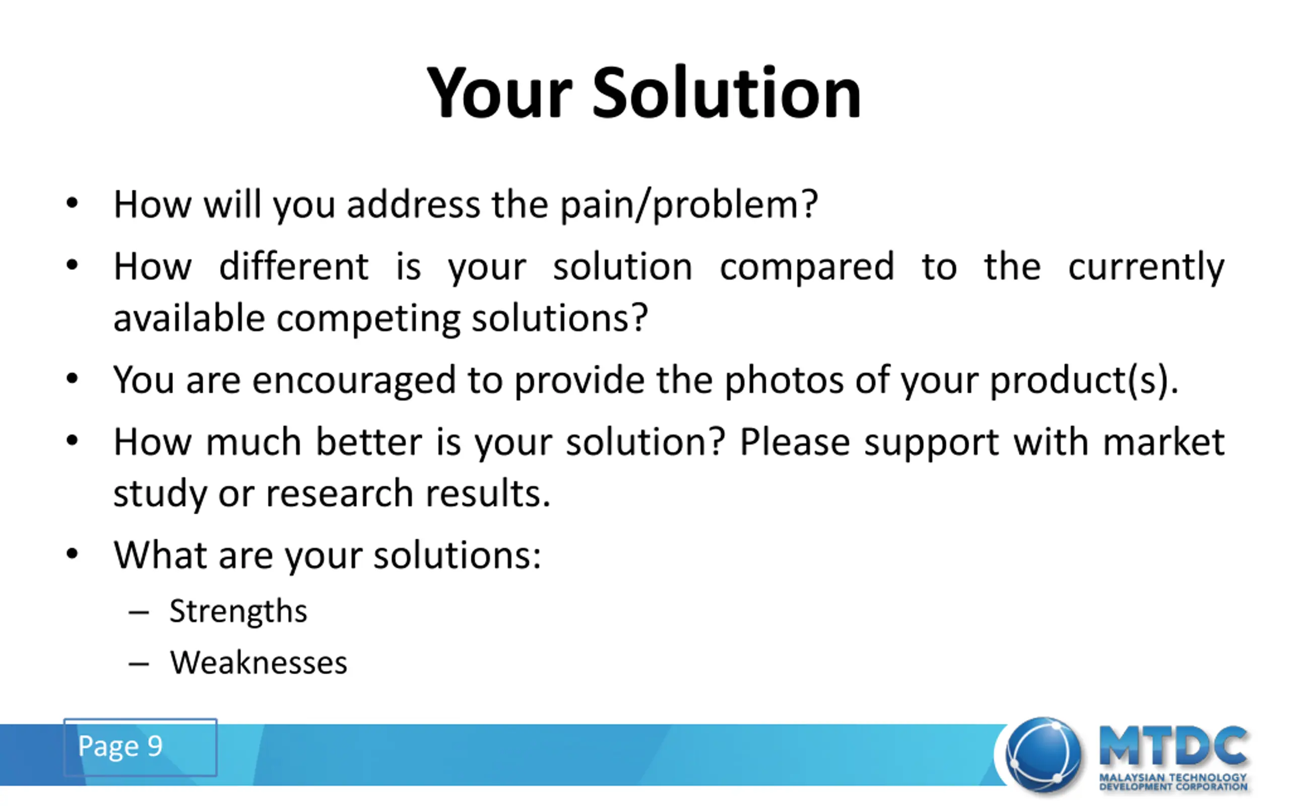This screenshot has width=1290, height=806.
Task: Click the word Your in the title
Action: [x=499, y=92]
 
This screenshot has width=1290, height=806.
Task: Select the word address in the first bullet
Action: [x=413, y=204]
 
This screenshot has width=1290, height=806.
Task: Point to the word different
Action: [x=294, y=266]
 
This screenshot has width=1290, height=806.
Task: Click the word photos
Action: [x=784, y=380]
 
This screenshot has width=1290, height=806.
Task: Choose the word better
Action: [x=369, y=442]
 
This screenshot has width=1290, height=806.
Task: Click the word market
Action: [x=1164, y=442]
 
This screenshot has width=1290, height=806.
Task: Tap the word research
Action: [x=340, y=494]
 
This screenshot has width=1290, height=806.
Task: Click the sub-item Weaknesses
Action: [x=259, y=662]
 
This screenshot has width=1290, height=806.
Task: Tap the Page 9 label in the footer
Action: [x=120, y=746]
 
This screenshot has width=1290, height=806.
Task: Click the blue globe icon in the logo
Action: [x=1043, y=755]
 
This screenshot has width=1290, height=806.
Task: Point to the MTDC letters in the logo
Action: [x=1173, y=746]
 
